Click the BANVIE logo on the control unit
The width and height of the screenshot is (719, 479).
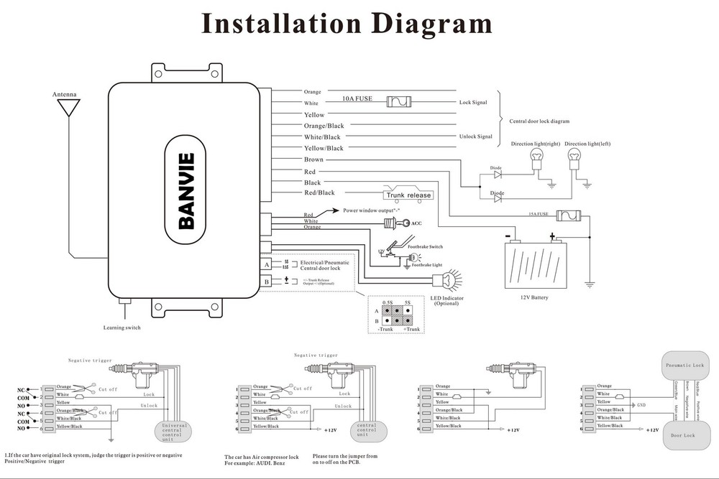click(186, 191)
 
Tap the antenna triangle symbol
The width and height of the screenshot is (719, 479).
click(70, 108)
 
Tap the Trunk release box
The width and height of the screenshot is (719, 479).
click(409, 195)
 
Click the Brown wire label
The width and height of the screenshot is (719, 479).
click(313, 159)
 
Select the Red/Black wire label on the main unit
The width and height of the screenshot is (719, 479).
click(319, 192)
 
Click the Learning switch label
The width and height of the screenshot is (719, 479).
click(122, 327)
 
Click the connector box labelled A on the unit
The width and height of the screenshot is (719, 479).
click(267, 264)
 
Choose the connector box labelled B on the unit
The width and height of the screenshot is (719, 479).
click(267, 281)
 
